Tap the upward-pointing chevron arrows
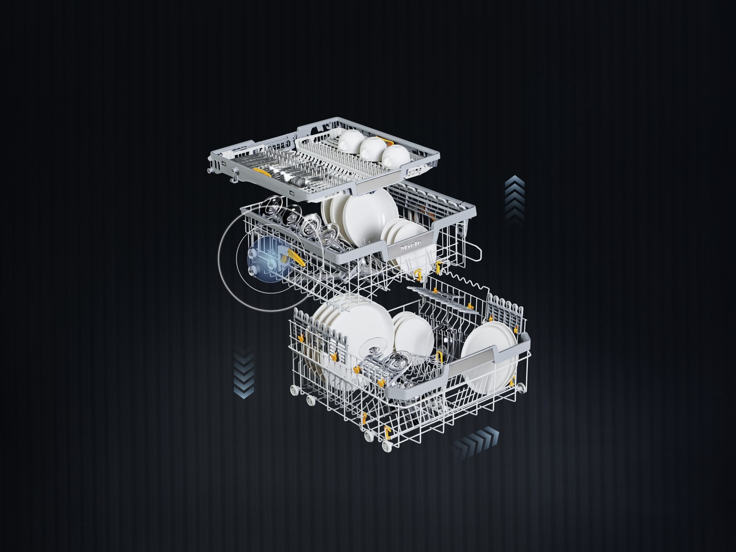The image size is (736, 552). (x=515, y=199)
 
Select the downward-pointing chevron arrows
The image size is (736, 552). (x=244, y=375)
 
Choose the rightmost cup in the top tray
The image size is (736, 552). (x=396, y=157)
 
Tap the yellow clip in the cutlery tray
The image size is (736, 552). (x=262, y=171)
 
